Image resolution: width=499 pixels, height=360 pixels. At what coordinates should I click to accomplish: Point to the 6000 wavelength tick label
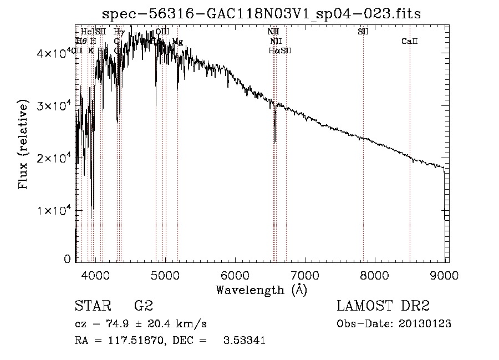tap(235, 275)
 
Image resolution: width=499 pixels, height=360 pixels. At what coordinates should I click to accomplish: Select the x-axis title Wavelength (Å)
tap(261, 290)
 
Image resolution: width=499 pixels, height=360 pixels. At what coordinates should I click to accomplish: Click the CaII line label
tap(409, 41)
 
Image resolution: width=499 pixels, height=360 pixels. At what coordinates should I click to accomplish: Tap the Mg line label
tap(177, 41)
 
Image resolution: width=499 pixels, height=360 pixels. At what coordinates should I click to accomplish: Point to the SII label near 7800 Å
tap(363, 32)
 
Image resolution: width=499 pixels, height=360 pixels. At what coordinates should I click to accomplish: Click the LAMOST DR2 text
tap(383, 306)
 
